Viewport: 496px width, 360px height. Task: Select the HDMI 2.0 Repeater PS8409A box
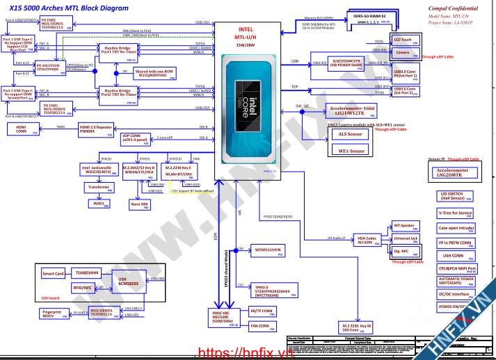click(x=95, y=129)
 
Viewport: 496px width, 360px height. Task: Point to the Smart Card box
click(x=54, y=274)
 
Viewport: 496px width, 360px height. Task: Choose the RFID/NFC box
click(x=82, y=287)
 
